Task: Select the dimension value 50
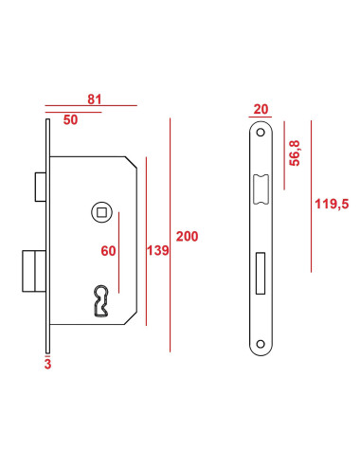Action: pyautogui.click(x=71, y=120)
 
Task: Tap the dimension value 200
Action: pyautogui.click(x=188, y=237)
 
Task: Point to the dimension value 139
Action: pyautogui.click(x=158, y=251)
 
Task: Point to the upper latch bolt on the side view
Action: pyautogui.click(x=38, y=186)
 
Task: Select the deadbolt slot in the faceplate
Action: pyautogui.click(x=261, y=272)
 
